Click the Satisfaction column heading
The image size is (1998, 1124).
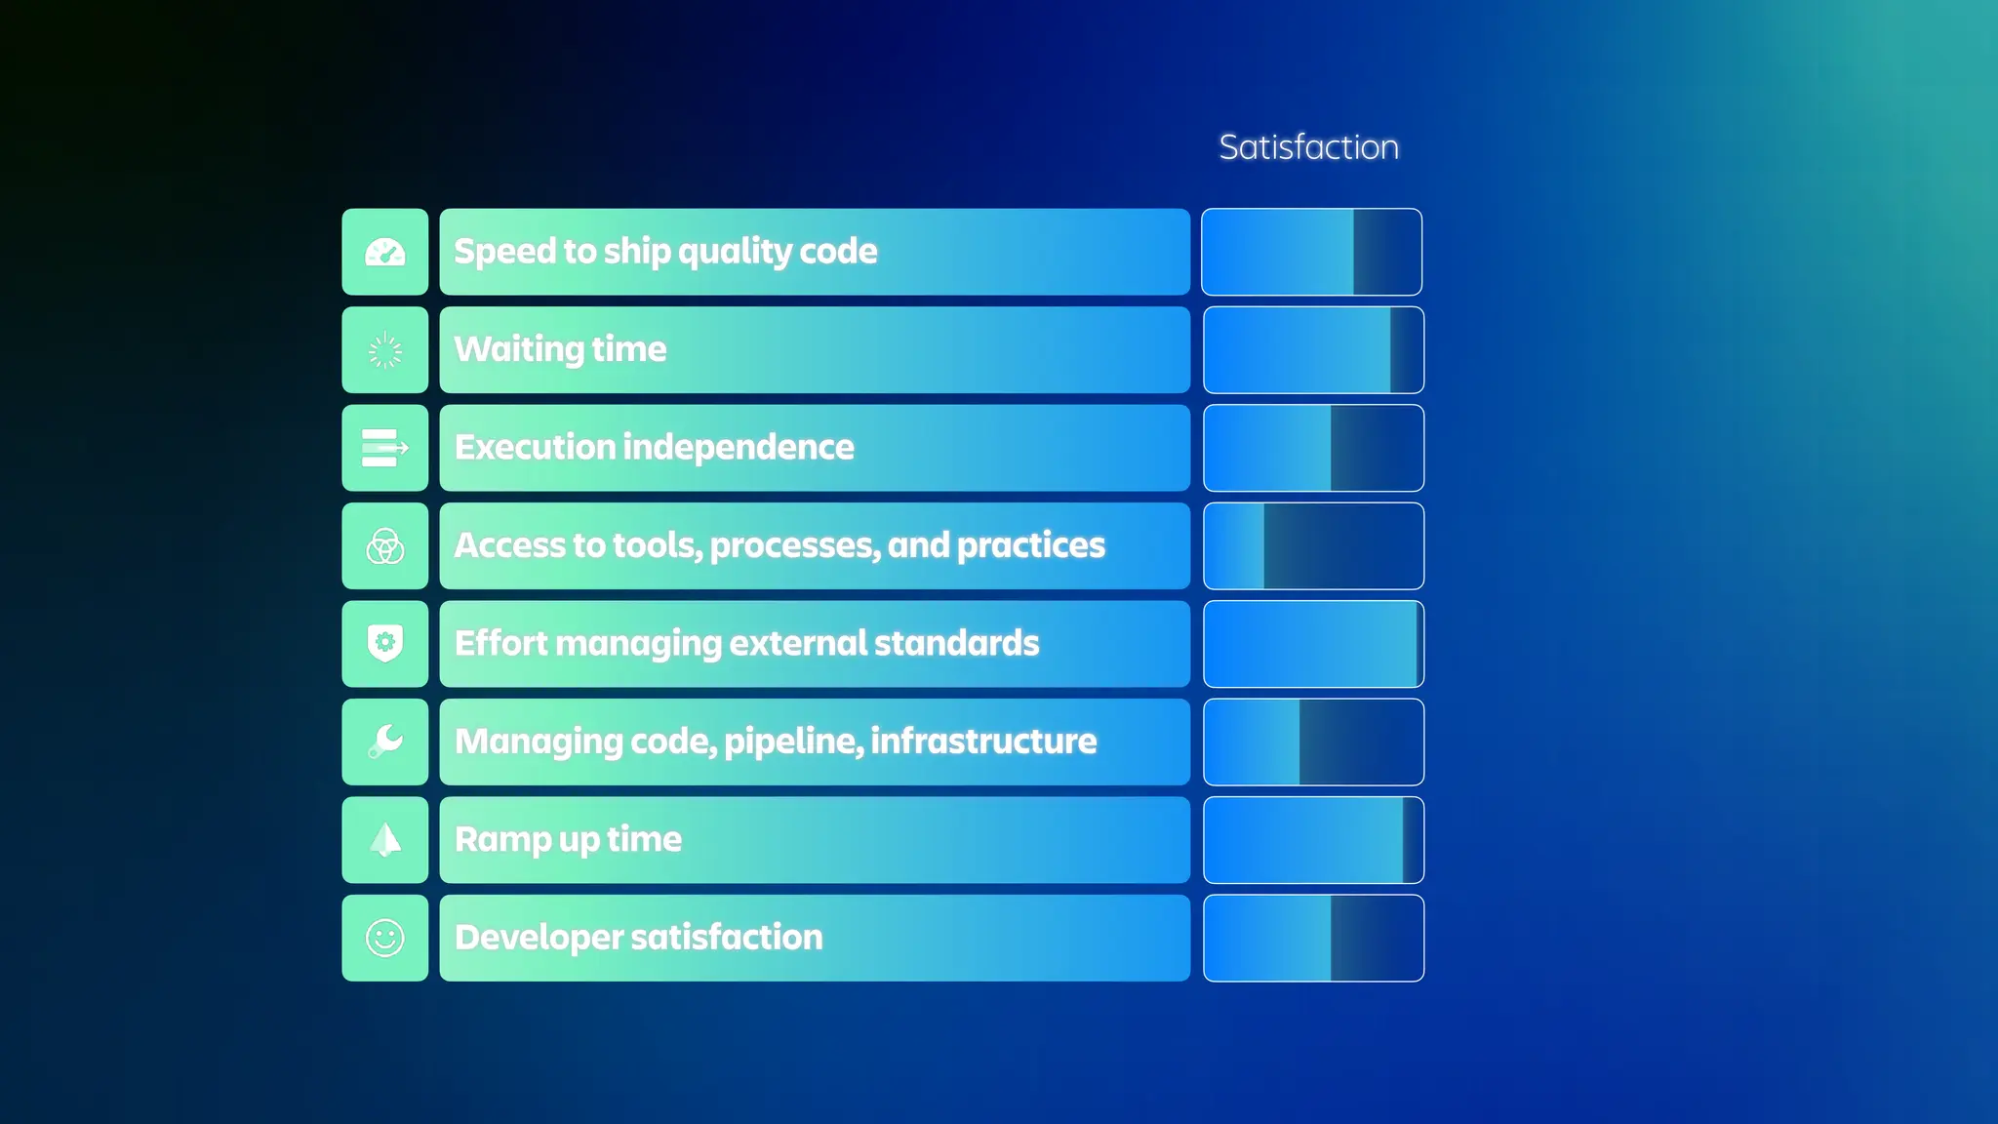click(x=1308, y=147)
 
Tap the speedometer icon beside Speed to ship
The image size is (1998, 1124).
click(x=385, y=253)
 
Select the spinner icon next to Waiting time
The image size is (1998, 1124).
click(x=385, y=350)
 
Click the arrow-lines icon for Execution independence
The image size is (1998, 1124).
click(x=385, y=448)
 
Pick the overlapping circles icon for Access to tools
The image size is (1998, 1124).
click(x=385, y=546)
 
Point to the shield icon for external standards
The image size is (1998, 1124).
click(x=385, y=644)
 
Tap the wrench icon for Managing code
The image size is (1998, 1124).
click(x=385, y=742)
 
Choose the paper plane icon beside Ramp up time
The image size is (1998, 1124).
click(x=385, y=840)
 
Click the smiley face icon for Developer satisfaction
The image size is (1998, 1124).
click(x=385, y=938)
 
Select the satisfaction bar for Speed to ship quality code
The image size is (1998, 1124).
click(x=1312, y=252)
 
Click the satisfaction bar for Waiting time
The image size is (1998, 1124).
click(x=1313, y=350)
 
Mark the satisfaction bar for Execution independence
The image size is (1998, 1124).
click(x=1313, y=448)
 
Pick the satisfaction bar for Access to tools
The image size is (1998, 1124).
click(x=1313, y=546)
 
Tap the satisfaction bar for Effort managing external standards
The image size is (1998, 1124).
click(x=1313, y=644)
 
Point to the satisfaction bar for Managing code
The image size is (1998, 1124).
click(x=1313, y=742)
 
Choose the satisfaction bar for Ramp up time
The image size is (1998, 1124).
click(x=1313, y=840)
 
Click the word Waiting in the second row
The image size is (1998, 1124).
click(x=519, y=349)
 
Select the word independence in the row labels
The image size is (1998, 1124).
click(x=738, y=447)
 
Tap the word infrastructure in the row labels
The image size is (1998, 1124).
click(x=983, y=742)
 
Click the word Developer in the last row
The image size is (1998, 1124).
click(x=539, y=938)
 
